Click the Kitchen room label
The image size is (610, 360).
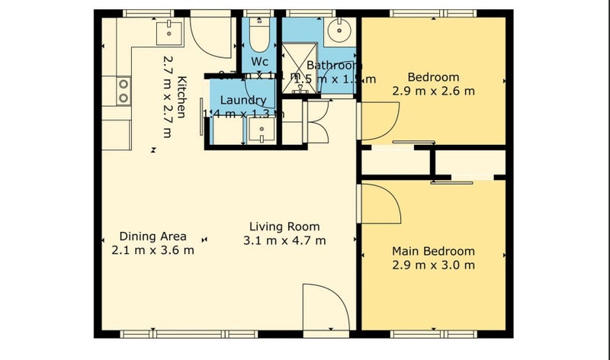click(182, 97)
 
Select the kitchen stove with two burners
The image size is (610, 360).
click(122, 90)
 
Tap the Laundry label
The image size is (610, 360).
click(242, 101)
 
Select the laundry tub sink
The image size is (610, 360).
click(262, 133)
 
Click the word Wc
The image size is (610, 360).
click(259, 62)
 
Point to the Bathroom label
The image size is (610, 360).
click(334, 66)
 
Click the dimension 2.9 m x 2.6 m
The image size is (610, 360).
click(433, 91)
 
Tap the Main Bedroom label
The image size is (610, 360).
click(433, 251)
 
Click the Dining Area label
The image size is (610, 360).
click(152, 236)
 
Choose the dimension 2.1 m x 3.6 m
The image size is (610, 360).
click(152, 249)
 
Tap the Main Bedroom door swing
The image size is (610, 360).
click(380, 204)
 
